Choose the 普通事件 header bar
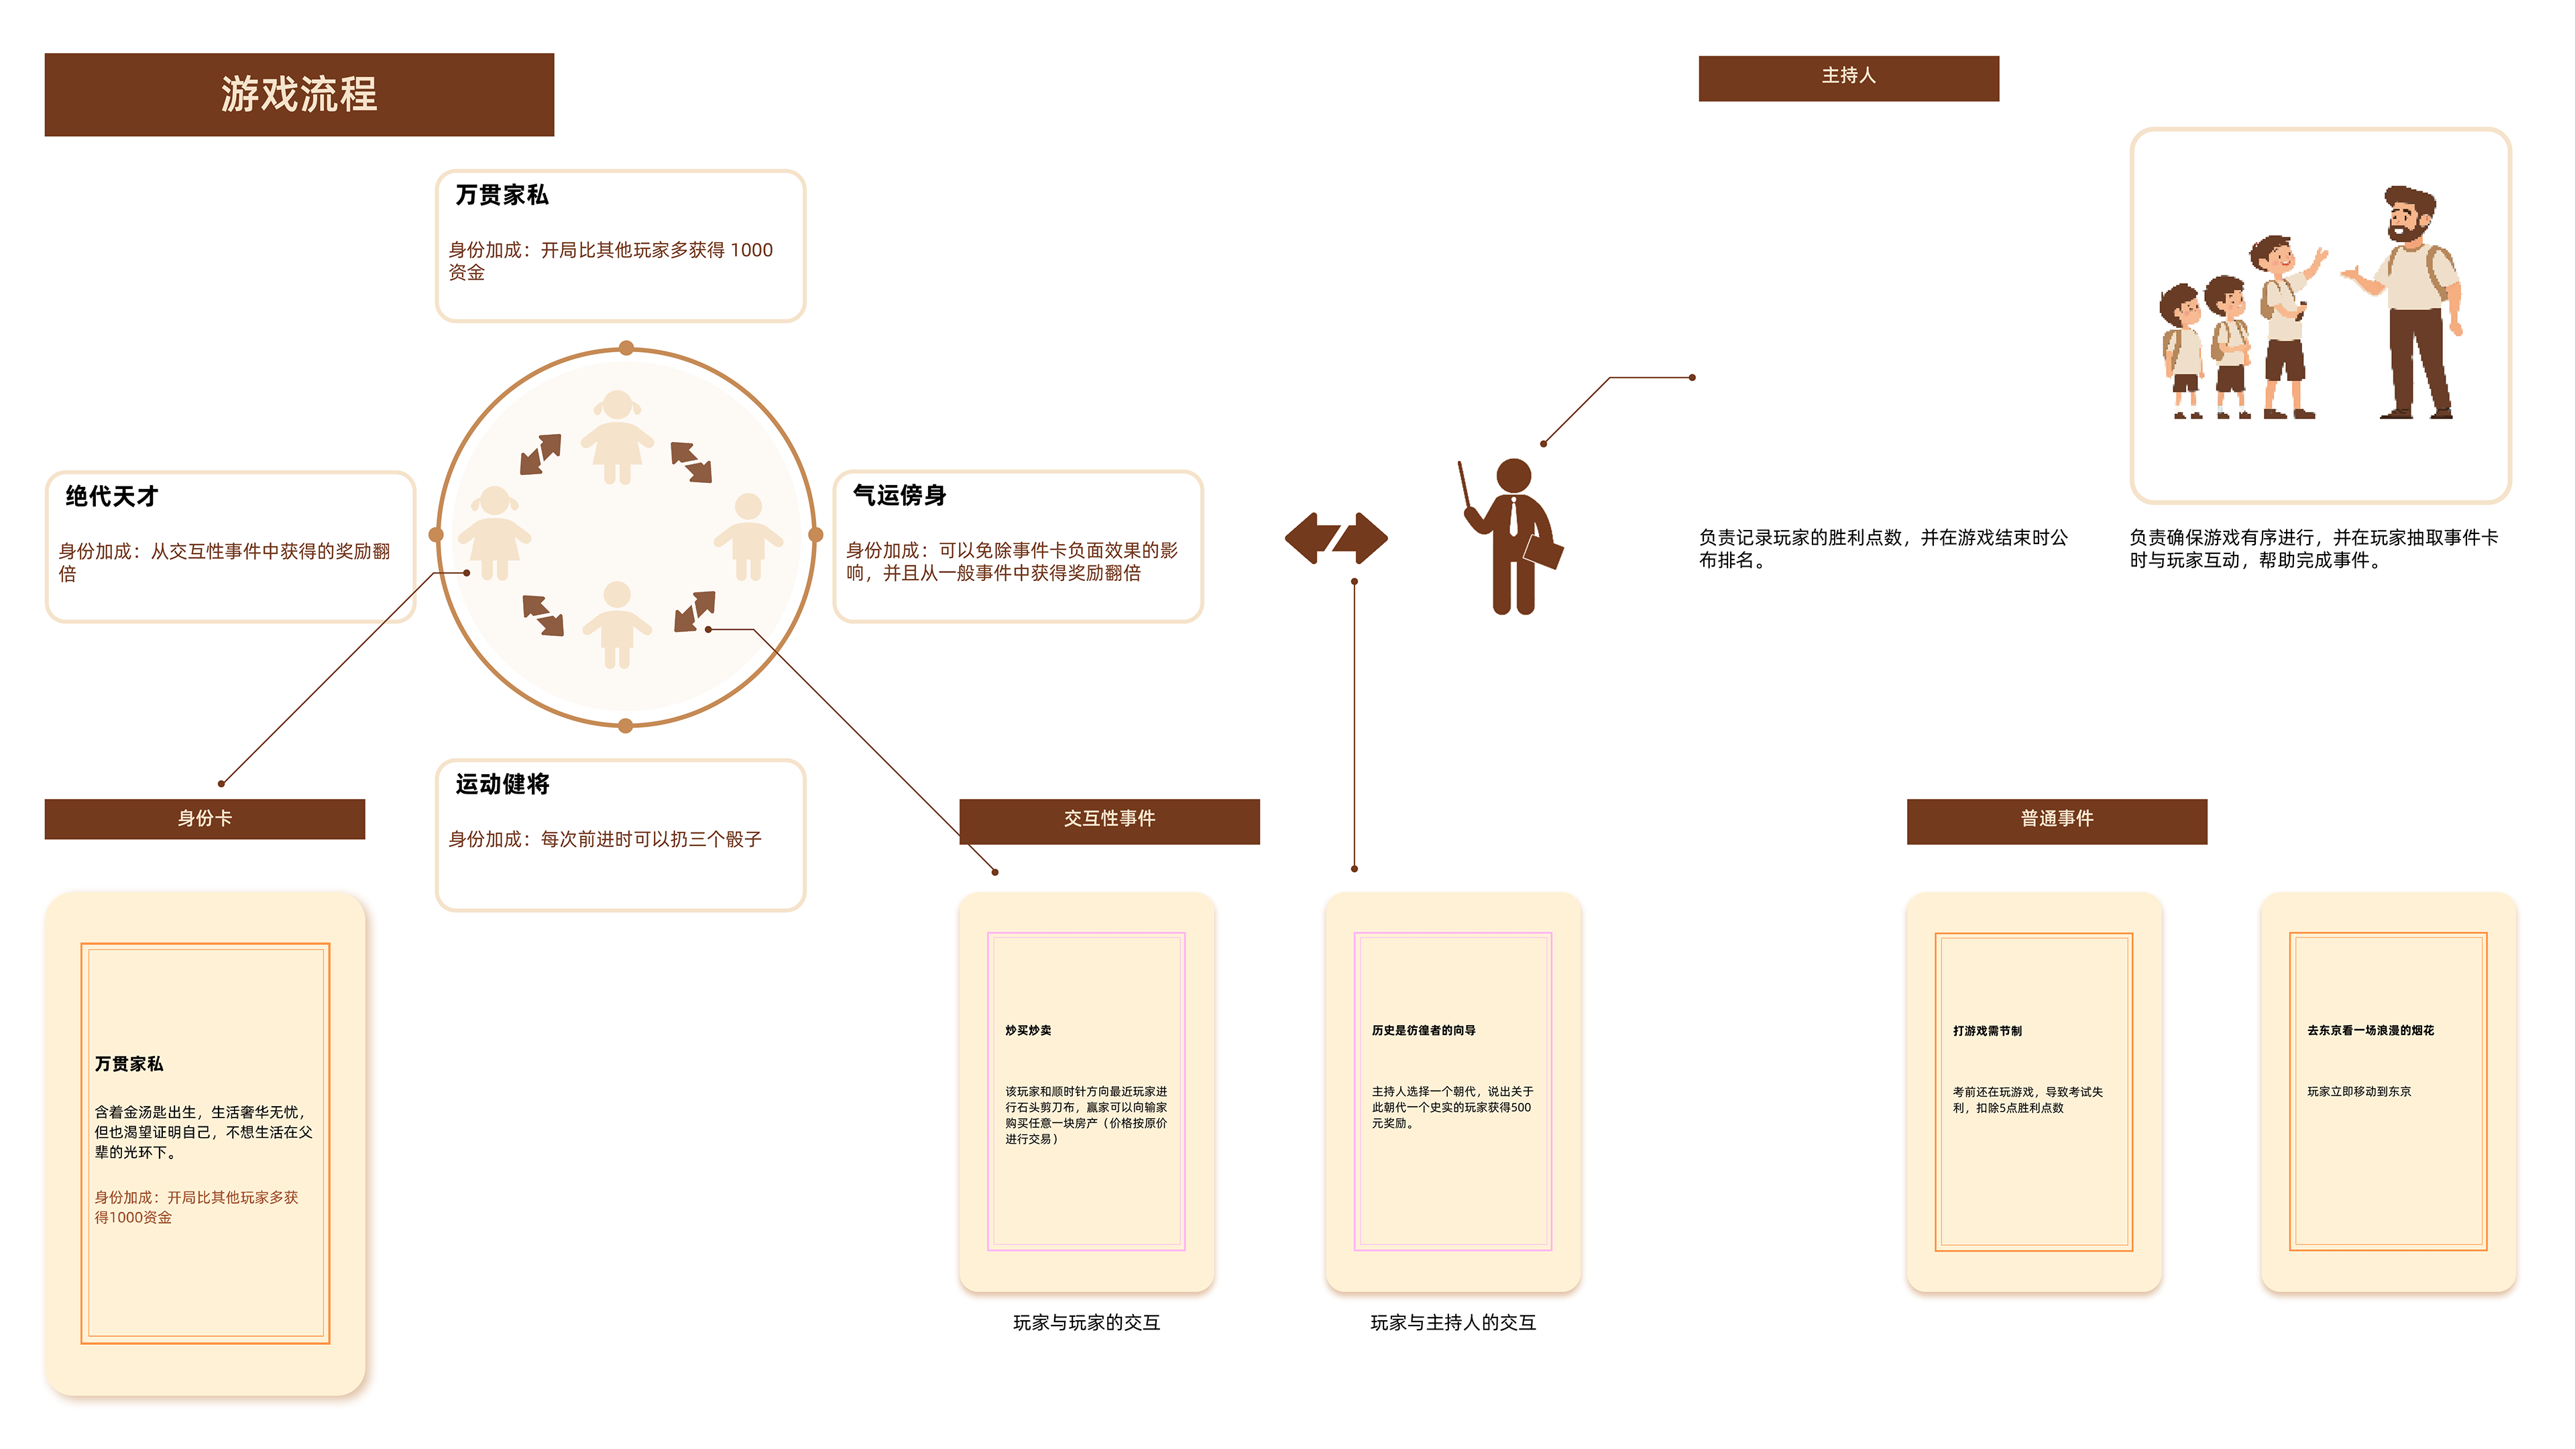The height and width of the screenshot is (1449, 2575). (2056, 819)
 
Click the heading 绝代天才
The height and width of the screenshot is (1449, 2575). (112, 496)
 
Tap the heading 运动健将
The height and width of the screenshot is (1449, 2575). (503, 784)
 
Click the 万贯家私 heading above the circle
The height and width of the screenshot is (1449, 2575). (502, 195)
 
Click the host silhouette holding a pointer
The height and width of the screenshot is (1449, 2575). (1512, 537)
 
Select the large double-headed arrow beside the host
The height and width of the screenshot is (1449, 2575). (1336, 538)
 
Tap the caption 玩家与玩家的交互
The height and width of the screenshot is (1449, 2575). (1086, 1322)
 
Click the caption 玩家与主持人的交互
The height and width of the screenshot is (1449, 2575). (1452, 1322)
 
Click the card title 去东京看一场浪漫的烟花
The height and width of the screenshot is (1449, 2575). (2370, 1030)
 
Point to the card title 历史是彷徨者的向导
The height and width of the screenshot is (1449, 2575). (1424, 1030)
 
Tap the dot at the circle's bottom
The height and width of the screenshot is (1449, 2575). (626, 726)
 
